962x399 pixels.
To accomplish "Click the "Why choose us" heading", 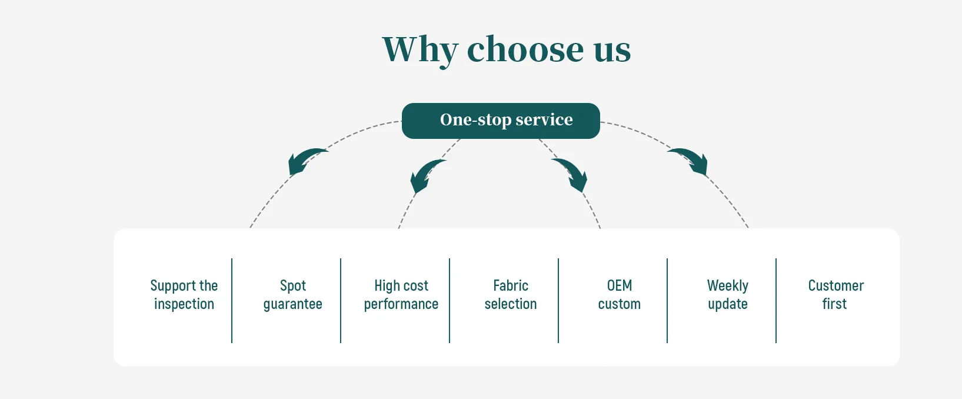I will click(506, 49).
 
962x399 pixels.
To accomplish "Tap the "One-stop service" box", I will click(501, 121).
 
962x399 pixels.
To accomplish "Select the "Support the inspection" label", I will click(184, 295).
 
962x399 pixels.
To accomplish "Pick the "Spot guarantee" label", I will click(292, 295).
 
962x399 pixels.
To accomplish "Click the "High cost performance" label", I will click(401, 295).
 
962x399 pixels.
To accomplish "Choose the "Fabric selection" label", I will click(510, 295).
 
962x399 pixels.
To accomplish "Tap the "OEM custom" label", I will click(619, 295).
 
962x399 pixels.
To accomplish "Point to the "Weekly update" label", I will click(728, 295).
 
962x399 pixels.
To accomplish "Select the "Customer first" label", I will click(835, 295).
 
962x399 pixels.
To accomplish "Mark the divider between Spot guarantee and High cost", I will click(341, 300).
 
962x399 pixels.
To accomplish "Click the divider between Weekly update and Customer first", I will click(776, 300).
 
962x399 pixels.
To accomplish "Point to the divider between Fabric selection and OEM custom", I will click(558, 300).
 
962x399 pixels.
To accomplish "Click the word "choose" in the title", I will click(525, 49).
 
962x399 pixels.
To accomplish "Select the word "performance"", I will click(401, 304).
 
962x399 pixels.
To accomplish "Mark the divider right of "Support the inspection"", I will click(232, 300).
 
